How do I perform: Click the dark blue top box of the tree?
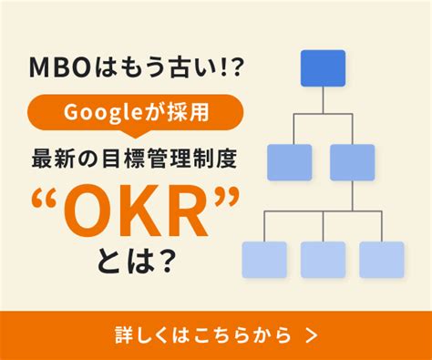[x=323, y=67]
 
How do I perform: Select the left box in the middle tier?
[x=290, y=162]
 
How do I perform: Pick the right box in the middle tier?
[x=353, y=162]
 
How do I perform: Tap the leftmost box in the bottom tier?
[x=263, y=260]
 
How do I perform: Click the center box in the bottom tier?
[x=323, y=260]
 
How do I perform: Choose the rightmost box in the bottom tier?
[x=382, y=260]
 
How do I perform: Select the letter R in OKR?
[x=187, y=205]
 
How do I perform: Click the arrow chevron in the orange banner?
[x=313, y=334]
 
